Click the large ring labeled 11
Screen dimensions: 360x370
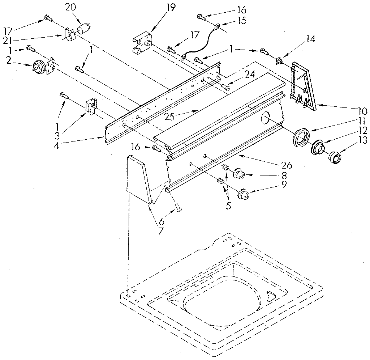click(301, 137)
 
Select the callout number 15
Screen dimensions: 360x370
click(240, 21)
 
